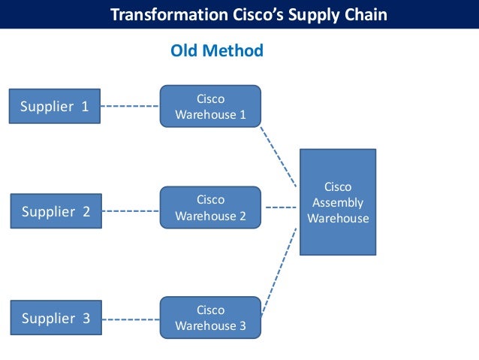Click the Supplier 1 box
54,106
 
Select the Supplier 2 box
56,211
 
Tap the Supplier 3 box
56,318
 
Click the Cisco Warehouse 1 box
210,106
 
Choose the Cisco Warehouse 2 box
210,207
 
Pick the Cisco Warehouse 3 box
210,317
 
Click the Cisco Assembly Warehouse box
337,202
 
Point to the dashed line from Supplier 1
130,106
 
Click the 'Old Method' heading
217,51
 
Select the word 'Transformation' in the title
161,14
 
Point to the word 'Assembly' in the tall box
337,202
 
